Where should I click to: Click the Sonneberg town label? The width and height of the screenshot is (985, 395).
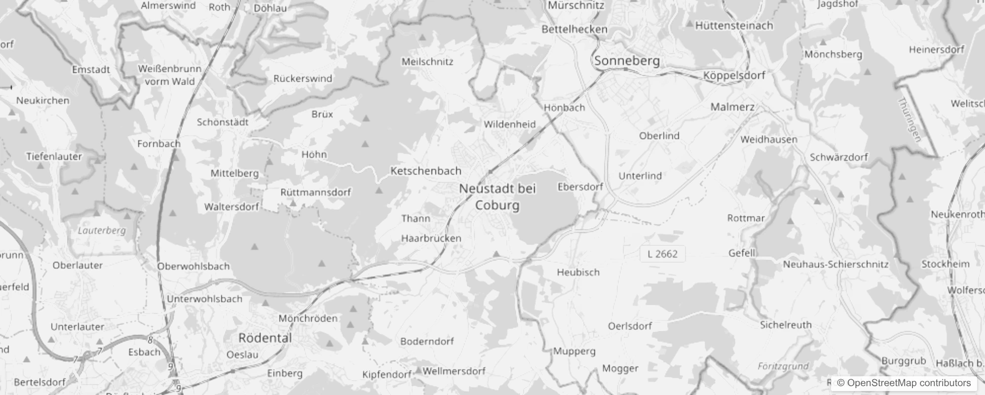click(627, 61)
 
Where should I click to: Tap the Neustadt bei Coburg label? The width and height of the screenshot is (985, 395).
click(497, 197)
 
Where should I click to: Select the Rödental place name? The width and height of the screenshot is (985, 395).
click(265, 338)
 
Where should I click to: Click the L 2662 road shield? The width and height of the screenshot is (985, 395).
click(662, 254)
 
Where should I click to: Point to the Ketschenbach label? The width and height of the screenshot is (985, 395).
click(426, 171)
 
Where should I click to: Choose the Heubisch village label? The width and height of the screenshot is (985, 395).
click(578, 272)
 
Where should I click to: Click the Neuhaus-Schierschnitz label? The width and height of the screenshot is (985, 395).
click(835, 264)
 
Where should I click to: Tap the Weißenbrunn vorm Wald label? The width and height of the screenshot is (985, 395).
click(170, 75)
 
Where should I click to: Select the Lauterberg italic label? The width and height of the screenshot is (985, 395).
click(102, 230)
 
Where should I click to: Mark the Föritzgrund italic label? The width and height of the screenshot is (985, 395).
click(783, 366)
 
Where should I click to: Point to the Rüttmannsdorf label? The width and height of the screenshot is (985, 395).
click(316, 192)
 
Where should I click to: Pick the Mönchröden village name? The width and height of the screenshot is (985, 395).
click(308, 318)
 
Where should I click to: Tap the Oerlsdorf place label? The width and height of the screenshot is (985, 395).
click(630, 326)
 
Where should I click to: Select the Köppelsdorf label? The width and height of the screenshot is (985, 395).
click(734, 76)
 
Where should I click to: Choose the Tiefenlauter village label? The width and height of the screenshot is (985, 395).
click(54, 157)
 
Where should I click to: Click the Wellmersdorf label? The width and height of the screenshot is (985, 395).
click(454, 371)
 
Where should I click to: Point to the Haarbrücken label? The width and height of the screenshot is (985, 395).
click(431, 238)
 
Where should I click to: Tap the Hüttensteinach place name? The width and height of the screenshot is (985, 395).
click(734, 26)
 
